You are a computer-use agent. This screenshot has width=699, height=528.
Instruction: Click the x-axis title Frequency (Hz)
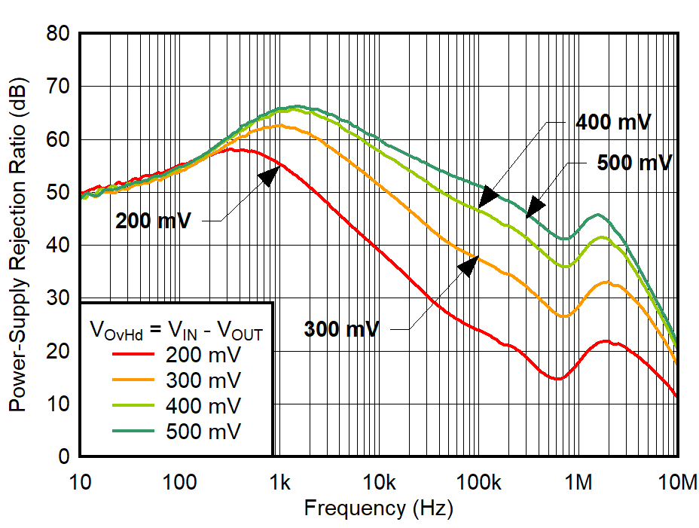(x=378, y=509)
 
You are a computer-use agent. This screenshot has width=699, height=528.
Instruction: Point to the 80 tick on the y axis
(x=58, y=34)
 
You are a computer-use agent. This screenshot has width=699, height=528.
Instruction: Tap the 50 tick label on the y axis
(x=58, y=193)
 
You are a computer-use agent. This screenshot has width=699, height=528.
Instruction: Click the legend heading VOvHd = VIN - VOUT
(x=176, y=329)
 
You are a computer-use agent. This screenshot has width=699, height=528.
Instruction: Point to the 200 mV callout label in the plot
(x=153, y=221)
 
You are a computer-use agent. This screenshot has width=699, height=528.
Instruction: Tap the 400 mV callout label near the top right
(x=612, y=122)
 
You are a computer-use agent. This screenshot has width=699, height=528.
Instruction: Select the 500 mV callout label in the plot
(x=633, y=163)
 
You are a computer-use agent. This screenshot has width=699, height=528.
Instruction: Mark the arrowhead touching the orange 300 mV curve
(x=469, y=264)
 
